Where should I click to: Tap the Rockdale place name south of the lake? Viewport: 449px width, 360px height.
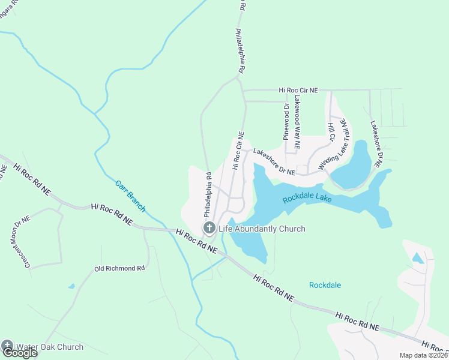point(325,285)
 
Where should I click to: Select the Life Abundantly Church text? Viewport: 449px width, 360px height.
point(262,229)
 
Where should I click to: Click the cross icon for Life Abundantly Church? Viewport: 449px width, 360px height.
point(209,227)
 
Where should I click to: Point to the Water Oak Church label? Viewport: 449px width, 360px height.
point(50,347)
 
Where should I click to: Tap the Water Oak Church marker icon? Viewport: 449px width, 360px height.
point(7,346)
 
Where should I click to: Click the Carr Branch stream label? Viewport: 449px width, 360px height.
point(130,195)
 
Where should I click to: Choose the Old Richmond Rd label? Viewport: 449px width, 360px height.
point(119,268)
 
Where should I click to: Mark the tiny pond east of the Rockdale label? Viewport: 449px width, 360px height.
point(418,258)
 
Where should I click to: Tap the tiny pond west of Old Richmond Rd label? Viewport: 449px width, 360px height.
point(71,286)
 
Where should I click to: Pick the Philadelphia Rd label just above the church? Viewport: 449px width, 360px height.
point(208,195)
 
